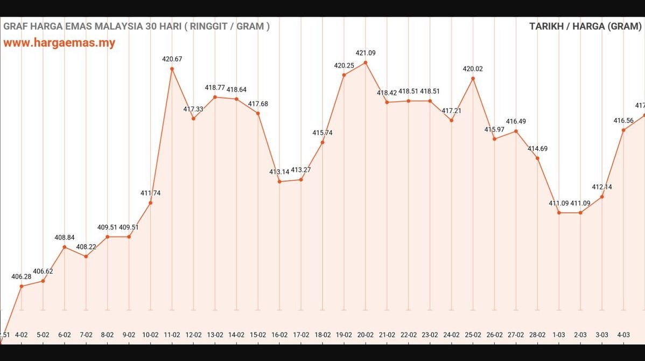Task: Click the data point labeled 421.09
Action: (x=366, y=63)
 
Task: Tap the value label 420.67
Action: (x=172, y=59)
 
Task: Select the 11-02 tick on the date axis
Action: (x=172, y=335)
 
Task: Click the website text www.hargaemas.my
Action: (x=59, y=43)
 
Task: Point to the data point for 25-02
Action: (x=473, y=79)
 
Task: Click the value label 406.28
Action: (x=22, y=276)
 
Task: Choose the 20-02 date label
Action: (x=366, y=335)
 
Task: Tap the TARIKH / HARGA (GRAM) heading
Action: (x=585, y=26)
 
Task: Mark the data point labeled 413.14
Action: (x=279, y=182)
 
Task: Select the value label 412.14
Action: (x=602, y=187)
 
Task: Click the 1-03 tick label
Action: (x=559, y=335)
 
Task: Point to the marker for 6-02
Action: (x=65, y=247)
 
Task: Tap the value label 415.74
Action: (x=322, y=133)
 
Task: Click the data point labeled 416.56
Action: (x=623, y=130)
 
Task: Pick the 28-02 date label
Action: (x=537, y=335)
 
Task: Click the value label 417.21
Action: (x=451, y=110)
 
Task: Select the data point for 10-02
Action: (x=150, y=203)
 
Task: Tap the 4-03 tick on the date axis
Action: (x=623, y=335)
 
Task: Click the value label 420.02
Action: (x=473, y=69)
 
